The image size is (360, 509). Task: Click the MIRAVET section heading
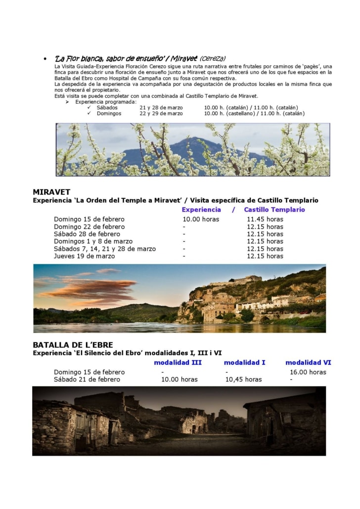pos(51,192)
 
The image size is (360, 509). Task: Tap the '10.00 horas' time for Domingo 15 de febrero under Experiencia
pos(200,219)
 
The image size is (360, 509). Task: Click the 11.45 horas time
pos(265,219)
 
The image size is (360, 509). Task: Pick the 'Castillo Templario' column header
pos(274,210)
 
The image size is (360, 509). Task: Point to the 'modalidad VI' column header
pos(308,362)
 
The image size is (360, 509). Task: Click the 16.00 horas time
pos(308,372)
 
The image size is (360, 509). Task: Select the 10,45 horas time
pos(243,379)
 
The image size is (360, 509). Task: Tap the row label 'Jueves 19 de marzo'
pos(84,256)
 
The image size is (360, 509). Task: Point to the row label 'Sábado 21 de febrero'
pos(87,379)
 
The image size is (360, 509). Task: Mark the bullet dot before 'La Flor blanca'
pos(45,59)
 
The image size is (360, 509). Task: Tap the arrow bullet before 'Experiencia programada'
pos(67,102)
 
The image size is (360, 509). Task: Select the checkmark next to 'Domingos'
pos(89,113)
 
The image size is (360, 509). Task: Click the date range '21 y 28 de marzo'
pos(161,107)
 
